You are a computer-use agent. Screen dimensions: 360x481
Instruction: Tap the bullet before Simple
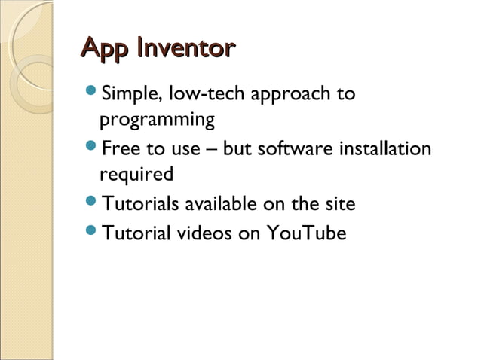[x=92, y=94]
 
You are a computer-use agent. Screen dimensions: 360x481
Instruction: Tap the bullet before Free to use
[x=92, y=148]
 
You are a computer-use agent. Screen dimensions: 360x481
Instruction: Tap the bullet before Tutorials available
[x=92, y=203]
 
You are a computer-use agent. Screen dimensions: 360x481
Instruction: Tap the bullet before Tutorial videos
[x=92, y=233]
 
